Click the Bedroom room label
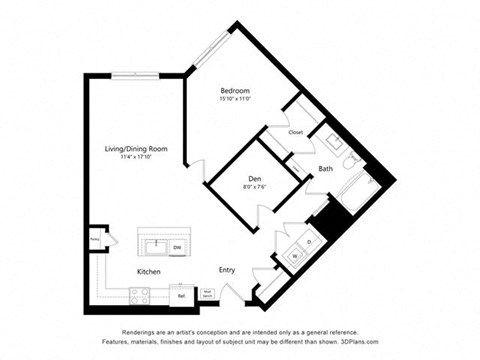pyautogui.click(x=234, y=90)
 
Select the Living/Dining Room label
pyautogui.click(x=136, y=148)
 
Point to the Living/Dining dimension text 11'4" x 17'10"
pyautogui.click(x=136, y=157)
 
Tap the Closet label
pyautogui.click(x=296, y=131)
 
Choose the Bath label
pyautogui.click(x=326, y=168)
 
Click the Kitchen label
pyautogui.click(x=151, y=270)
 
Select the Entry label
pyautogui.click(x=228, y=270)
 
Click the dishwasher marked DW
pyautogui.click(x=177, y=246)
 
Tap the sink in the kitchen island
pyautogui.click(x=155, y=245)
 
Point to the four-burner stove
pyautogui.click(x=140, y=294)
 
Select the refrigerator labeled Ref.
pyautogui.click(x=182, y=295)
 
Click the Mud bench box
pyautogui.click(x=208, y=294)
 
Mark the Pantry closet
pyautogui.click(x=95, y=240)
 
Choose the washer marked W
pyautogui.click(x=294, y=257)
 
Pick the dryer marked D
pyautogui.click(x=309, y=242)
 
